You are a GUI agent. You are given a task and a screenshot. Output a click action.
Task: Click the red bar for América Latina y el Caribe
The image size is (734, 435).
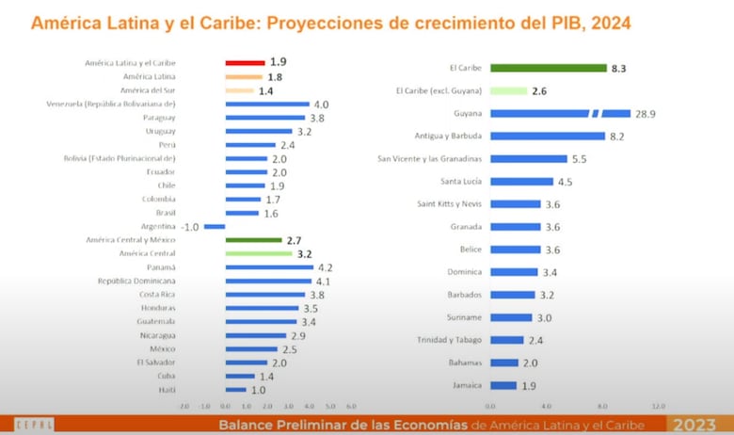[245, 62]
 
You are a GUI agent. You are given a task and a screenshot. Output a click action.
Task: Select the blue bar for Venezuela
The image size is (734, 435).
[267, 104]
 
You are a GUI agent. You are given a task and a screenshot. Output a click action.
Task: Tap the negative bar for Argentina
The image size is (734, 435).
[215, 227]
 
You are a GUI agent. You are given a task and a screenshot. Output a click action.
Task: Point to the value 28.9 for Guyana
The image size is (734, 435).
[646, 113]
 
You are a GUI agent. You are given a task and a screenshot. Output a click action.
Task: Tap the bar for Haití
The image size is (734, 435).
[235, 390]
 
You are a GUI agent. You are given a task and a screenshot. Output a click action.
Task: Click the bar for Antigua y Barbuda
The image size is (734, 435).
[547, 136]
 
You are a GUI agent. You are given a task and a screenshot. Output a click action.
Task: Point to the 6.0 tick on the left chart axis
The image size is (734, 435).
[351, 406]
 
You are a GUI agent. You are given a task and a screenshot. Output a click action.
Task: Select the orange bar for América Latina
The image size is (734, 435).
[244, 76]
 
